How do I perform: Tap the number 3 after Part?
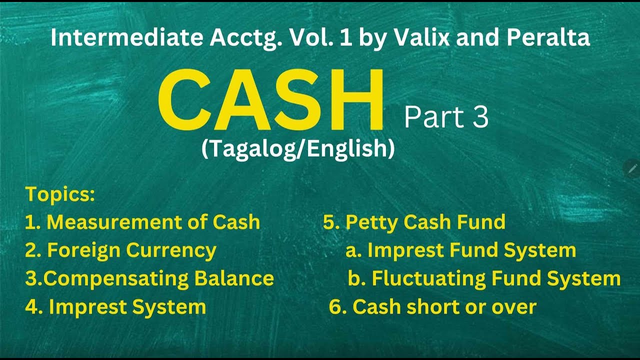[478, 117]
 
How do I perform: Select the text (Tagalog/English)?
[298, 149]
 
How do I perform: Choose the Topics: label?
[60, 194]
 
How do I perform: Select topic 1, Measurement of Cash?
[142, 222]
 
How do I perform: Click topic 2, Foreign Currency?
[120, 250]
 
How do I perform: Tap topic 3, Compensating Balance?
[149, 278]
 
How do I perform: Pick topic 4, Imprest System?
[115, 307]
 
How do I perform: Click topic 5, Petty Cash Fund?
[414, 222]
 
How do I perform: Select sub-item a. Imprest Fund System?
[460, 250]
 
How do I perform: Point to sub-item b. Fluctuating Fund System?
[484, 278]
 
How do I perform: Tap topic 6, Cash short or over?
[432, 307]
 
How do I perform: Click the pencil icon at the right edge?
[632, 169]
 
